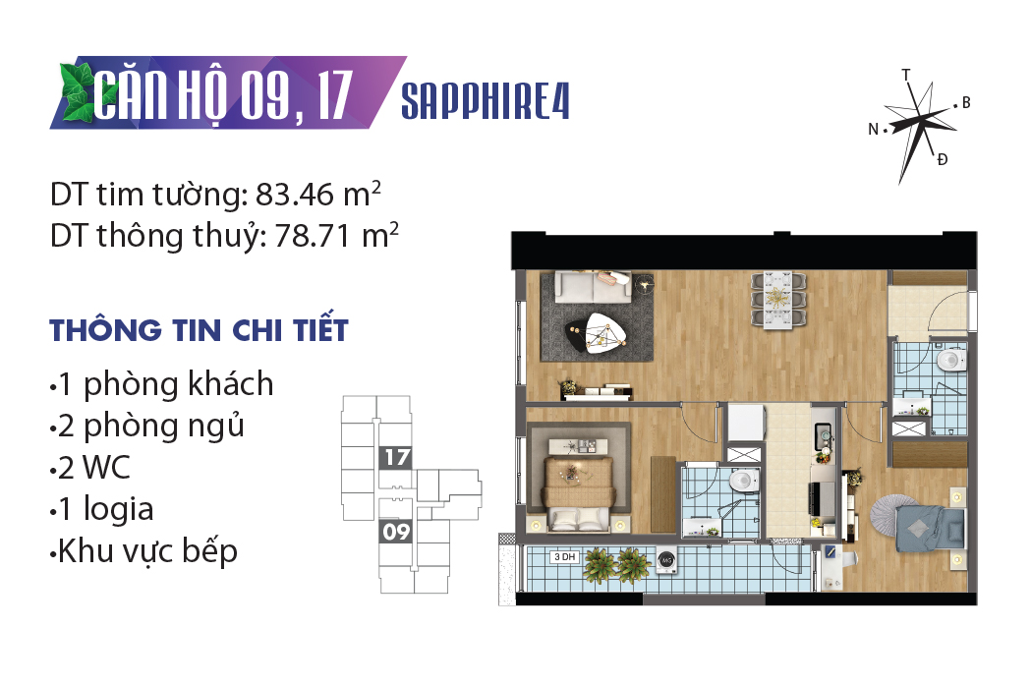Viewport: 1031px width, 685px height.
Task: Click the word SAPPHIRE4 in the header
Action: coord(486,101)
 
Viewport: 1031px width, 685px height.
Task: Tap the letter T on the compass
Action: coord(906,75)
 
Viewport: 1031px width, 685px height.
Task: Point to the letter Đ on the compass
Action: coord(943,159)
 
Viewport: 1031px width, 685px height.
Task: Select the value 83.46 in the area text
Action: coord(295,195)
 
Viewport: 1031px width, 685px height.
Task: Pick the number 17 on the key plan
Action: coord(397,457)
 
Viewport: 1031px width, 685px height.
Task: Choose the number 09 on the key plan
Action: coord(396,531)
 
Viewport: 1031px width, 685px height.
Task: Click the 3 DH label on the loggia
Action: coord(564,557)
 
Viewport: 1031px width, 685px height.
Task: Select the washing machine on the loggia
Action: coord(666,560)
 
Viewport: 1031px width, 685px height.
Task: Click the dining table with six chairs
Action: coord(778,299)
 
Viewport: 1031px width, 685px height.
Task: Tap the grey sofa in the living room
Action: coord(593,287)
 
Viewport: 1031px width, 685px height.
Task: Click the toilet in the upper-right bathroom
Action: coord(950,359)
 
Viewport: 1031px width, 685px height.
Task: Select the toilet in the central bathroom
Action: coord(744,480)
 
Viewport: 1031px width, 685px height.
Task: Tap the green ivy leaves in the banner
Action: coord(78,92)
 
